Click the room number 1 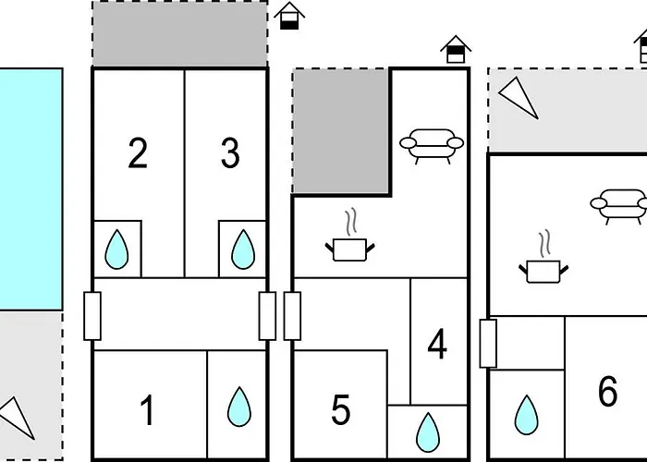click(x=147, y=409)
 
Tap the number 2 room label click(x=138, y=152)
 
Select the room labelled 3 click(x=230, y=152)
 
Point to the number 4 click(x=437, y=344)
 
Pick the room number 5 click(x=341, y=409)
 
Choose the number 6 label click(x=608, y=392)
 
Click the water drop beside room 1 click(x=239, y=407)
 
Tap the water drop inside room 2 click(x=116, y=249)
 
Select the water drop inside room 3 click(x=243, y=249)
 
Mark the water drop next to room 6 click(x=527, y=415)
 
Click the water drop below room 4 click(x=428, y=432)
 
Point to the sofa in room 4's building click(x=432, y=146)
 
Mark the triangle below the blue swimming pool click(x=18, y=418)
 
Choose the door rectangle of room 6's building click(x=488, y=343)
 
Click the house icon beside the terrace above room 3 click(x=289, y=16)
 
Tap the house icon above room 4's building click(x=456, y=49)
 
